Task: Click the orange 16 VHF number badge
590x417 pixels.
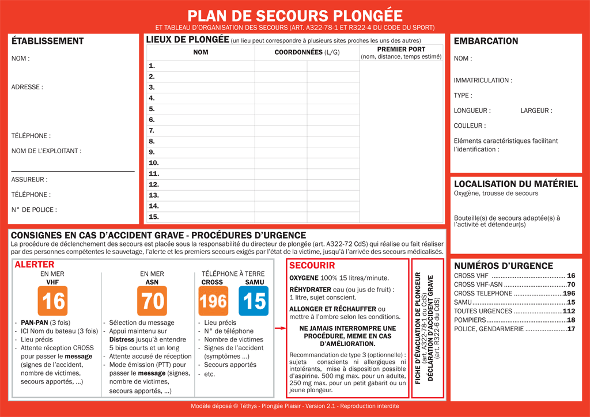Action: (x=52, y=301)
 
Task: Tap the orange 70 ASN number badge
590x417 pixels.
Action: (x=152, y=301)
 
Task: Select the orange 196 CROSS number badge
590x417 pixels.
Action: (x=213, y=301)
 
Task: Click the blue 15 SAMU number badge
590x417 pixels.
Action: (x=254, y=301)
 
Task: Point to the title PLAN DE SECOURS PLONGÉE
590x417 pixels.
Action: (x=295, y=16)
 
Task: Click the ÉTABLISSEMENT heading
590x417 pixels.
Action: (x=48, y=41)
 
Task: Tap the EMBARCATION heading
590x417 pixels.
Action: (x=486, y=41)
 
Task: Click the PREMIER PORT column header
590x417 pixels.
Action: (x=401, y=50)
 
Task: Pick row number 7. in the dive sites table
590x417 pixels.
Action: (x=152, y=131)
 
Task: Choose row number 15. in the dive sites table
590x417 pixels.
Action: (x=154, y=217)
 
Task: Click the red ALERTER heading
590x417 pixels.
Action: (x=35, y=265)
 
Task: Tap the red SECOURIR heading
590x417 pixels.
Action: (x=312, y=266)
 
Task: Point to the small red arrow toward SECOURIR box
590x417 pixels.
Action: (x=279, y=328)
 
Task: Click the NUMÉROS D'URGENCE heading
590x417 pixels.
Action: (x=504, y=266)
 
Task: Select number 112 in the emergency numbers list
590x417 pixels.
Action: (x=569, y=312)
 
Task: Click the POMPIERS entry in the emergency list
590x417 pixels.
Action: (x=470, y=320)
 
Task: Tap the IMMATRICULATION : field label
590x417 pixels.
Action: (x=483, y=81)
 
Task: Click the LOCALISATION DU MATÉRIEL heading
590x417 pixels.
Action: (x=516, y=184)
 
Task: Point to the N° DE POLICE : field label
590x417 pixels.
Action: (x=34, y=210)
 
